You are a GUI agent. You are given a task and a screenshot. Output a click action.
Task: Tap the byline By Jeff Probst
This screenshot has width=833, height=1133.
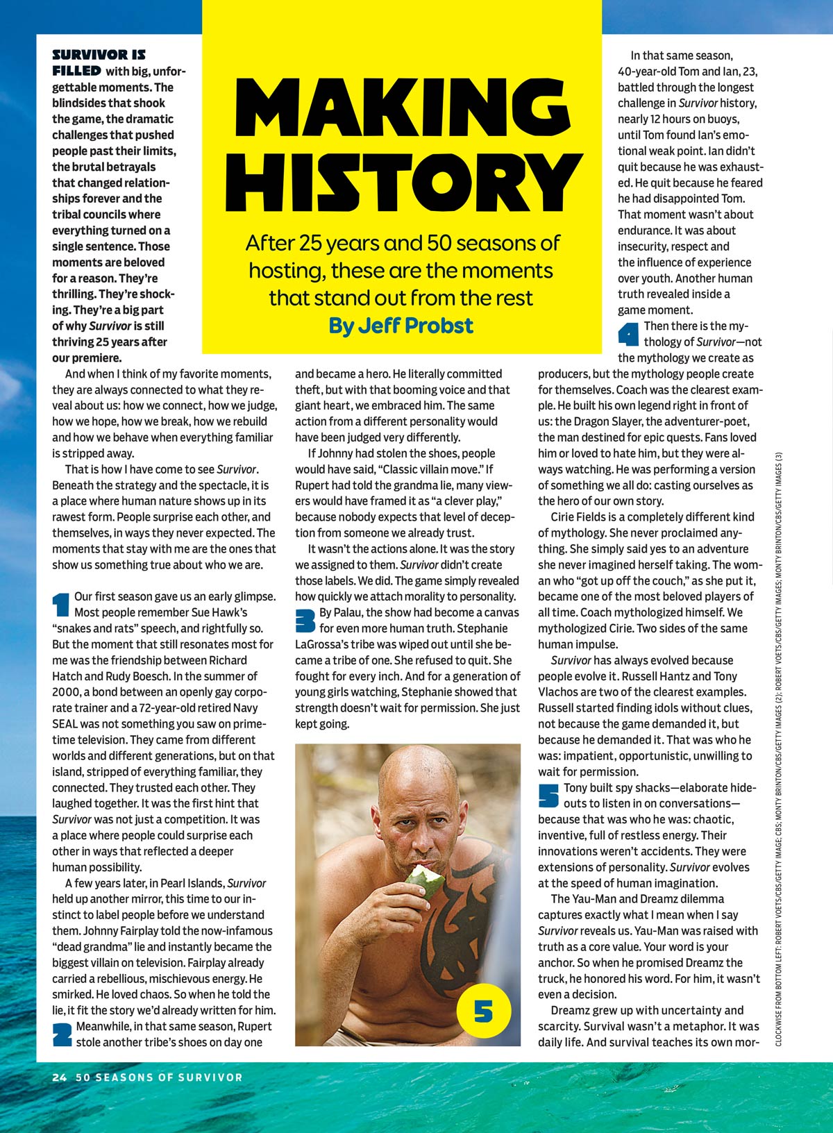pos(401,325)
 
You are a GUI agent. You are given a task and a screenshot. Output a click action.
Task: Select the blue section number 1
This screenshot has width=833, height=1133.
pos(61,604)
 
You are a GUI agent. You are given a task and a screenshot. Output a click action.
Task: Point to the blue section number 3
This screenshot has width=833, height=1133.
pos(305,620)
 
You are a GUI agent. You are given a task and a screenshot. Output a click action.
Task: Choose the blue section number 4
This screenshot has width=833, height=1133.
pos(628,335)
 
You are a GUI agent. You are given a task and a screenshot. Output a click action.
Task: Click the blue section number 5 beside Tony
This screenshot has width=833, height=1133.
pos(548,796)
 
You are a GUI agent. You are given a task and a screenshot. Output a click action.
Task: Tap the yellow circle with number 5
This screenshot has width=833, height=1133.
pos(484,1011)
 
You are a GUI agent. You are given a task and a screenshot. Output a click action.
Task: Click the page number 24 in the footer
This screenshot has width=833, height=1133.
pos(59,1077)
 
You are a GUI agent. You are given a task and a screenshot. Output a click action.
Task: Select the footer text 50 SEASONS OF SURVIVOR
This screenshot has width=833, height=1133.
pos(159,1077)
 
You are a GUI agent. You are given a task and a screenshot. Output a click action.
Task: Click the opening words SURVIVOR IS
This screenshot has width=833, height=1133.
pos(99,55)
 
